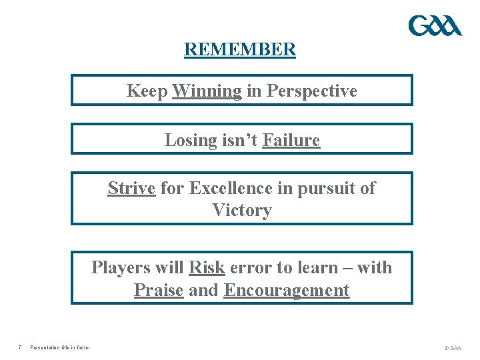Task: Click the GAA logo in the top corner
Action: (435, 26)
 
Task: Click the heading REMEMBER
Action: (240, 50)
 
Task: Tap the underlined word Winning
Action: (207, 91)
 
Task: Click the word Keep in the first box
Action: (147, 91)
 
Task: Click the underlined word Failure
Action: (291, 140)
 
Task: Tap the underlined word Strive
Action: (131, 189)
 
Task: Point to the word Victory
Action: (242, 211)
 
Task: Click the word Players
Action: (120, 268)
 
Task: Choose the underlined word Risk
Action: (207, 268)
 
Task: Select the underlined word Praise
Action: (159, 291)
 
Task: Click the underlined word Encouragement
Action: (287, 291)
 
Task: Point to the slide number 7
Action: (21, 347)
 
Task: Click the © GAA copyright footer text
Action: (451, 348)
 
